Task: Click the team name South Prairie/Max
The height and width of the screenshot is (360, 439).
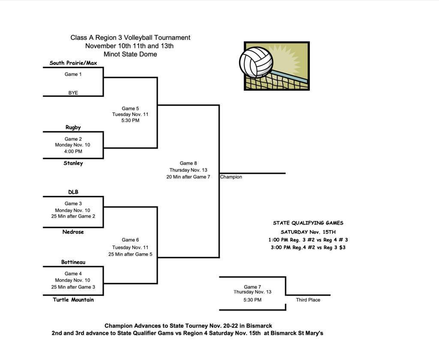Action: (73, 63)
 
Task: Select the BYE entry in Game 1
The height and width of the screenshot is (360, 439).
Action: (73, 93)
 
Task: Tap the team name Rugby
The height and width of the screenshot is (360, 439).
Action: (73, 127)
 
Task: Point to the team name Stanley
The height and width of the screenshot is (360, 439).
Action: (73, 163)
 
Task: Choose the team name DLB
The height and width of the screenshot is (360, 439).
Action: (73, 192)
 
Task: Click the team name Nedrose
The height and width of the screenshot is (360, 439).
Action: (73, 232)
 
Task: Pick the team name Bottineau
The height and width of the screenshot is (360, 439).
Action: (73, 262)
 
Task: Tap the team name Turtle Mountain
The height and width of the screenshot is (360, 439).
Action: (73, 300)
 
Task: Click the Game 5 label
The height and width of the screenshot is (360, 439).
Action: (130, 108)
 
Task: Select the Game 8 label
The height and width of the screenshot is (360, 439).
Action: (188, 163)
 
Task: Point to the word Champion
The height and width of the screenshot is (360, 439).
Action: (231, 177)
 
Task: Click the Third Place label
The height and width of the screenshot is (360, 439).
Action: (308, 300)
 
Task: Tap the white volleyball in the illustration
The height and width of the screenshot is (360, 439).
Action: (256, 62)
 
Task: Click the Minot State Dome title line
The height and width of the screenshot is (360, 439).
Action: (130, 54)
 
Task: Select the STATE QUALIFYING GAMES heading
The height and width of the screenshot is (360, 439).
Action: (308, 223)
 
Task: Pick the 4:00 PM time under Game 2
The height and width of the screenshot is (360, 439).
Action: (73, 151)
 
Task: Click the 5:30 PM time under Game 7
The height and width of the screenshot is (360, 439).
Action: (252, 300)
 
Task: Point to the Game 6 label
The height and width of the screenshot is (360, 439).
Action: (130, 240)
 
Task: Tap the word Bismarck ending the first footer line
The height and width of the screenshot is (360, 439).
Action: (259, 326)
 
